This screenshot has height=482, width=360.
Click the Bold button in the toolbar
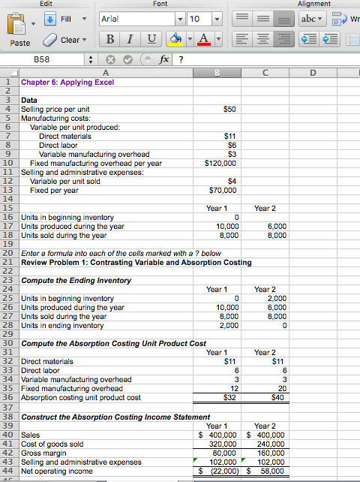110,39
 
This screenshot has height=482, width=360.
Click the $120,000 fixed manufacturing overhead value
221,161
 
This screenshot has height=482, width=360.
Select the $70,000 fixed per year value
223,189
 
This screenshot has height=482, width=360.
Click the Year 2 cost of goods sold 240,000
271,444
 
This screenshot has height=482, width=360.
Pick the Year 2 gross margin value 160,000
271,453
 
